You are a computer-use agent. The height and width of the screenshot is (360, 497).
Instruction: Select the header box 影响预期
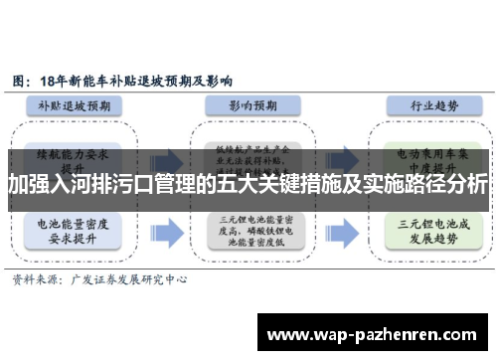coord(248,104)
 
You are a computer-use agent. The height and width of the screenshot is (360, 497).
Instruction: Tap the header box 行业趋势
coord(414,104)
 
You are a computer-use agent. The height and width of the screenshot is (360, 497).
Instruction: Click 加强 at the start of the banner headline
coord(29,185)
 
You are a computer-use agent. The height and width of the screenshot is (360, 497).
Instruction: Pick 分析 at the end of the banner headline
coord(466,185)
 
